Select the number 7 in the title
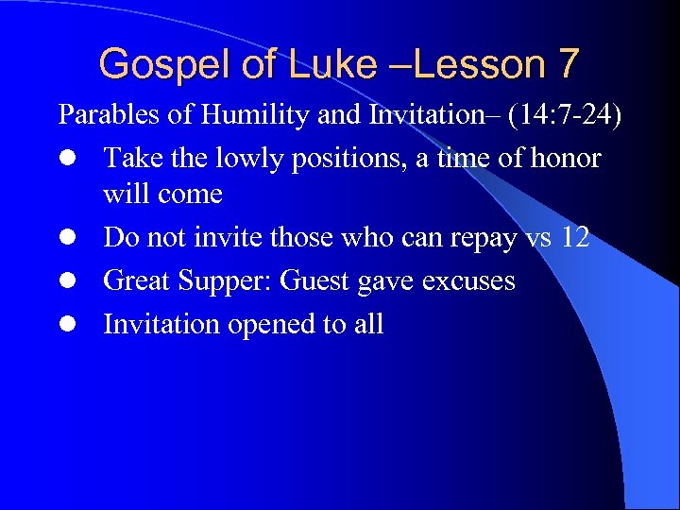(568, 64)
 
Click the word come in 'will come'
(191, 195)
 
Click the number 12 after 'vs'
(574, 238)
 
